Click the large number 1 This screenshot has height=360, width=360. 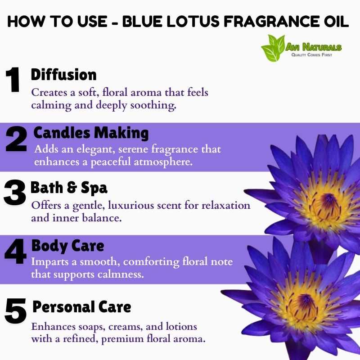click(13, 80)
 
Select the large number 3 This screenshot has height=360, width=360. click(15, 193)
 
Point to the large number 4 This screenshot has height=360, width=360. click(16, 251)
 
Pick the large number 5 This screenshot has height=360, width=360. click(16, 311)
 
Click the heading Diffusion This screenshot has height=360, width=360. click(63, 75)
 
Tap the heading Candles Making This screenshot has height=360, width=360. click(91, 133)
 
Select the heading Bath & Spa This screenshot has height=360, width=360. click(69, 188)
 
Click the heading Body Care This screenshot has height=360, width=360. click(68, 246)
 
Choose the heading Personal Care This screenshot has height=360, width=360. click(82, 307)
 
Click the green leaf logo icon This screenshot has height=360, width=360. click(273, 48)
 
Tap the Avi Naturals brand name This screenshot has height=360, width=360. click(313, 47)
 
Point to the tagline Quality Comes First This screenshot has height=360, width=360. click(311, 54)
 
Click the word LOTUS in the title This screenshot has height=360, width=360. click(193, 22)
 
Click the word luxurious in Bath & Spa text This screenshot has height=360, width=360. click(130, 205)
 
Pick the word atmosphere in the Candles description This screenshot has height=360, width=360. click(163, 162)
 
